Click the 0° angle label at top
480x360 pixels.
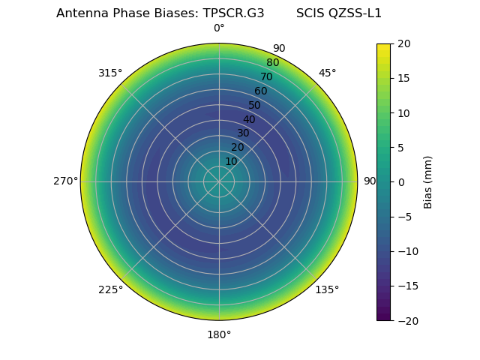219,28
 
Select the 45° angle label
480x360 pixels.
327,73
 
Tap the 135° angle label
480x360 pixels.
327,289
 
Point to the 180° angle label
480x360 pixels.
219,334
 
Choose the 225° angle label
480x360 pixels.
110,289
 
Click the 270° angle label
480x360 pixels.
65,181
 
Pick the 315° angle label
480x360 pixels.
110,73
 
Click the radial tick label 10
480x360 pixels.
231,161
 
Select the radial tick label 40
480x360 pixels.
249,119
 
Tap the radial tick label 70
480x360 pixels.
266,76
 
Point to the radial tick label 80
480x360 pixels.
272,62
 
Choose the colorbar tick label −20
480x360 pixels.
406,320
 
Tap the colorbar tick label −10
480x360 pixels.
406,251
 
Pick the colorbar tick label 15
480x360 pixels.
403,78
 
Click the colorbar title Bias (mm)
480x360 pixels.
428,182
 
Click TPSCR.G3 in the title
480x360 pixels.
233,13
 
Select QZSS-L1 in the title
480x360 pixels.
356,13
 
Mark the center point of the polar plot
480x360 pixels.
219,181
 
